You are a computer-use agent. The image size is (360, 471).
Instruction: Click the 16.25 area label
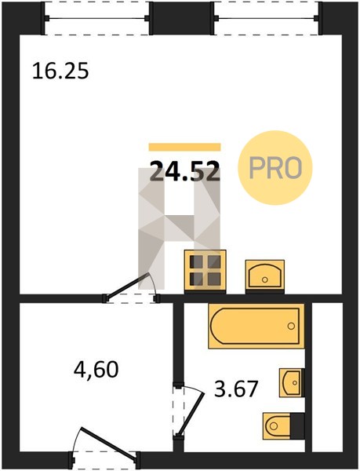click(x=60, y=71)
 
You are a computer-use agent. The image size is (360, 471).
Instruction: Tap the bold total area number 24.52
click(x=185, y=171)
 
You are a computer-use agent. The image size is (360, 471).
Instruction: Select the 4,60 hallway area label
click(x=96, y=370)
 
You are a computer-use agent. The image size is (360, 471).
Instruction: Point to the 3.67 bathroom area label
click(x=236, y=389)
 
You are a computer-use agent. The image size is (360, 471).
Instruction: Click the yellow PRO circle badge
click(x=275, y=168)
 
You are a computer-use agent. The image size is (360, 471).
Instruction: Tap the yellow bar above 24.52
click(x=185, y=147)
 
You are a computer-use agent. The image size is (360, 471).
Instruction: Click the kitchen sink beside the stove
click(x=265, y=276)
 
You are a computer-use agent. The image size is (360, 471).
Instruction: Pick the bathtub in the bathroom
click(x=256, y=326)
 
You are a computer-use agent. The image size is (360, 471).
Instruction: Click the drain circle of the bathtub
click(x=291, y=326)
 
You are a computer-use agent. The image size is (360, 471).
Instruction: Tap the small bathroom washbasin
click(x=292, y=383)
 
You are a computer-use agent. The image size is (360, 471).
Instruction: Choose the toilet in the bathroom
click(x=283, y=426)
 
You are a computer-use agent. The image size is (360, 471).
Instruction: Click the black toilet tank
click(x=297, y=426)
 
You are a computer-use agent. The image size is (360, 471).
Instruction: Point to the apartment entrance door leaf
click(x=109, y=444)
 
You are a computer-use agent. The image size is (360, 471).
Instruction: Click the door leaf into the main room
click(x=126, y=286)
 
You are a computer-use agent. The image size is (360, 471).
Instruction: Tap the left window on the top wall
click(x=97, y=18)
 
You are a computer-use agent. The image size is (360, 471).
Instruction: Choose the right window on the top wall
click(x=267, y=18)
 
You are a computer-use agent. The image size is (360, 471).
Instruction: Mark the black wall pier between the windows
click(x=182, y=18)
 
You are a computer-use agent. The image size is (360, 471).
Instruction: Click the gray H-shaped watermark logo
click(x=179, y=228)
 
